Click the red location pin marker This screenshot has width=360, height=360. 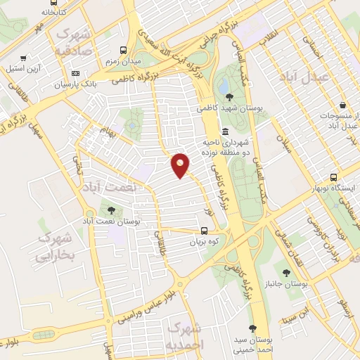(x=181, y=165)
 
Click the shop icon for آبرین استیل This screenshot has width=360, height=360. (x=24, y=59)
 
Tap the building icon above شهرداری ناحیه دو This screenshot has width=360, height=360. (x=225, y=132)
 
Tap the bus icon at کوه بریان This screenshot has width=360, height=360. (x=204, y=230)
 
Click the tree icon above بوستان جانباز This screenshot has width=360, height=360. (x=286, y=272)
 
